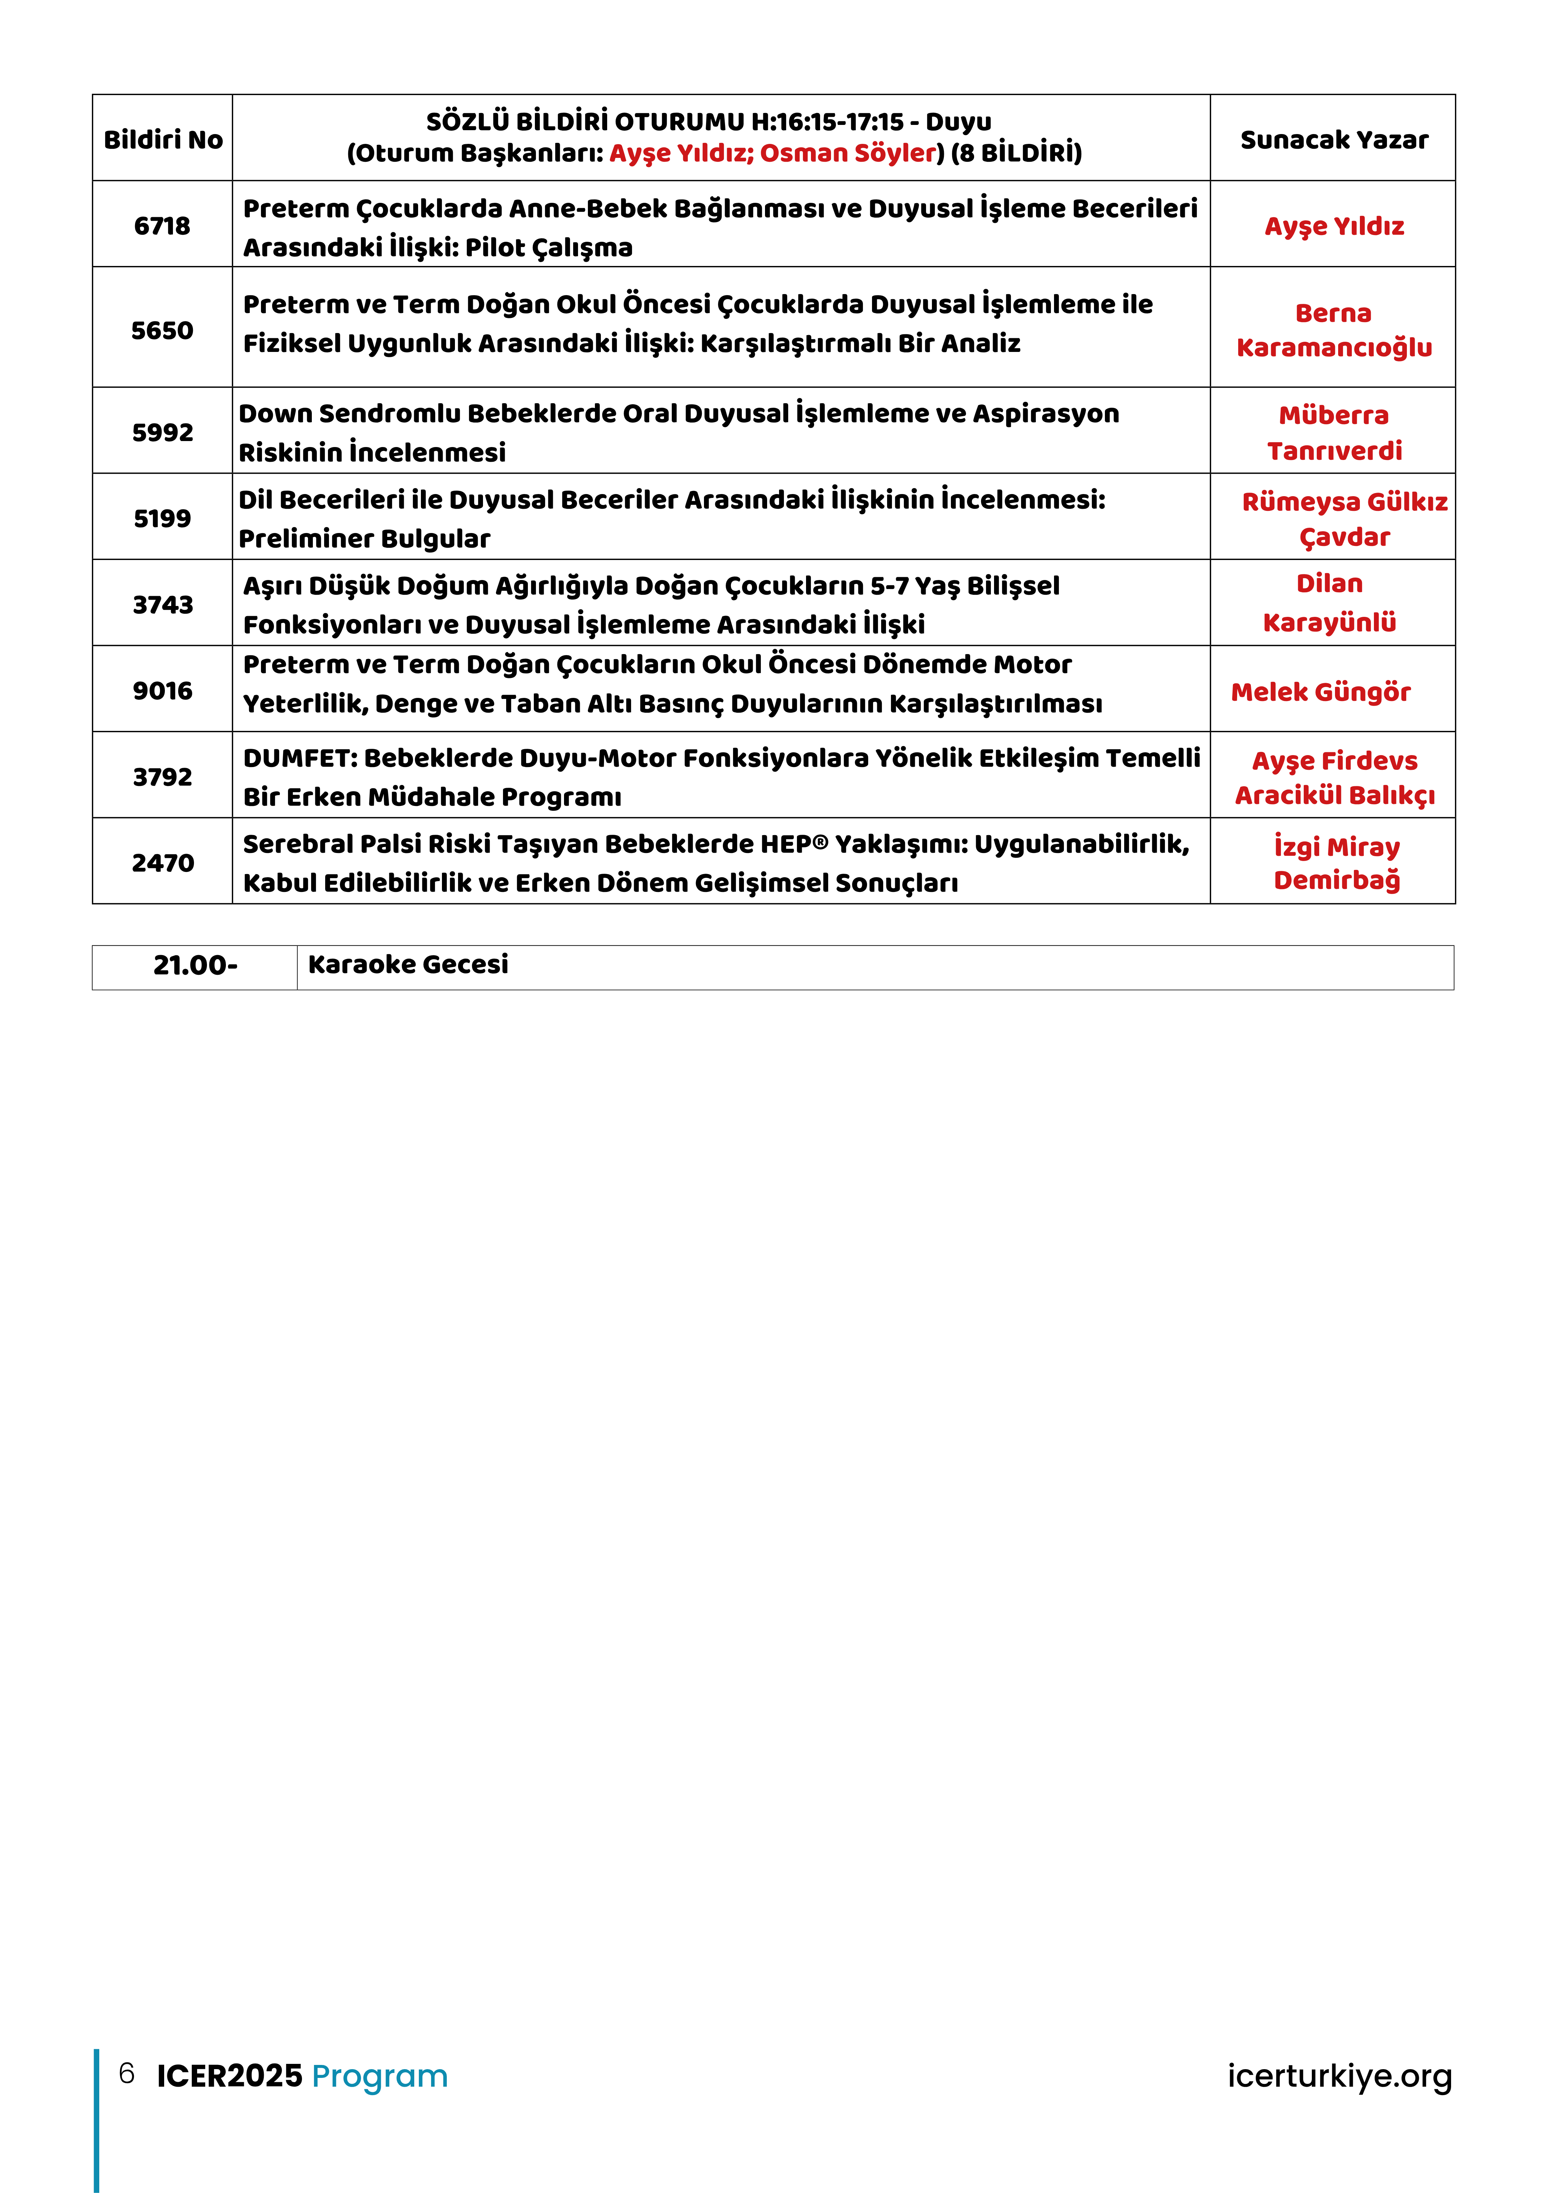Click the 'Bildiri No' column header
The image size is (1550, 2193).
click(x=162, y=139)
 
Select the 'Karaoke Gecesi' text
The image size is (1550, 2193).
click(x=408, y=965)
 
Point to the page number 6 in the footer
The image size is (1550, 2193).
click(x=126, y=2074)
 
